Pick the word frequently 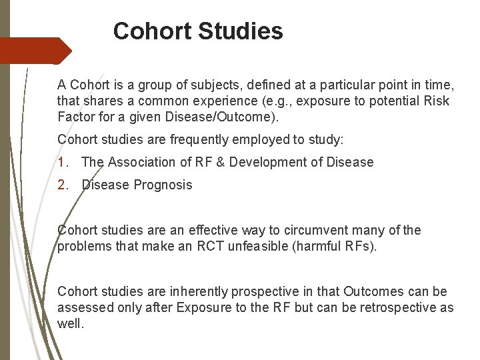[187, 139]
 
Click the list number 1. [62, 162]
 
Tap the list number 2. [62, 185]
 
